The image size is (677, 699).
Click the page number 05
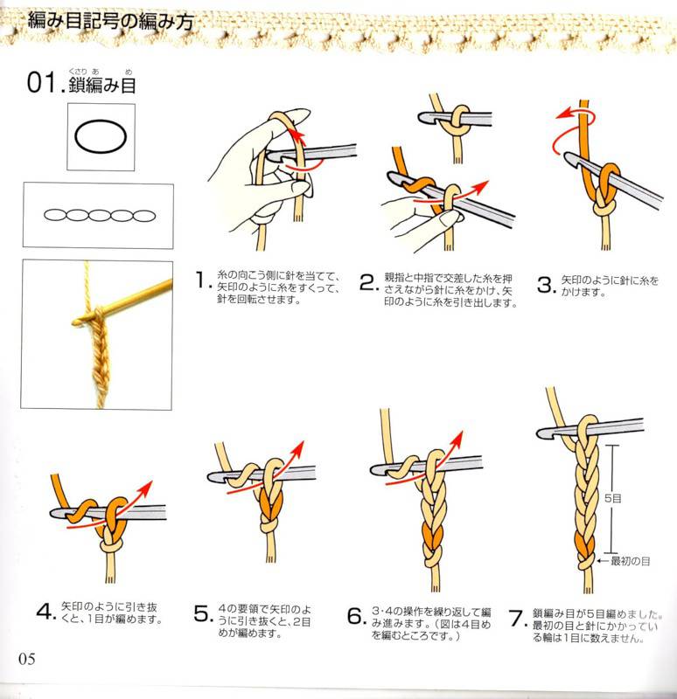[27, 658]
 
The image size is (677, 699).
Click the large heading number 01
[42, 82]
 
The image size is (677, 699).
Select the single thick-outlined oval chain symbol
[101, 136]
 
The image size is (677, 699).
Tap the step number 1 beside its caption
[200, 280]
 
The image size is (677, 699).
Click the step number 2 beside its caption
[368, 282]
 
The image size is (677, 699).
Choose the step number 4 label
[45, 611]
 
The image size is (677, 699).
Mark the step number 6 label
[355, 616]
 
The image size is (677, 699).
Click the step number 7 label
[516, 618]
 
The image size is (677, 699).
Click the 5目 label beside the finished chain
[613, 498]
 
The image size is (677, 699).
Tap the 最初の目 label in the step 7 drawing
[630, 561]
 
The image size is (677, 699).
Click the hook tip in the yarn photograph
[75, 321]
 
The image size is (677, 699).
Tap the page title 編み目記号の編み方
[111, 21]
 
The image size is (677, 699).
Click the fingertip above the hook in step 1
[300, 114]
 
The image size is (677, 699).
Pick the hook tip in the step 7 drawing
[541, 433]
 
